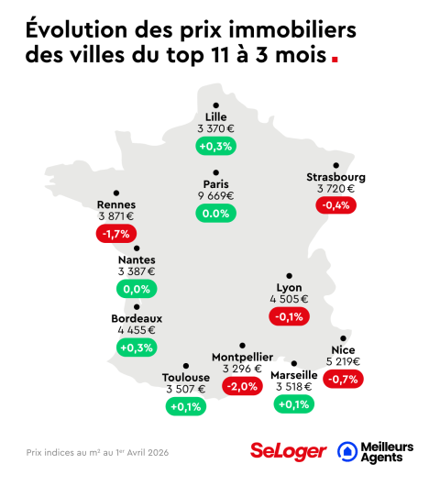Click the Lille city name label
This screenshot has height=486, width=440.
(x=216, y=116)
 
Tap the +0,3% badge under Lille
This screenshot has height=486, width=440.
(x=216, y=146)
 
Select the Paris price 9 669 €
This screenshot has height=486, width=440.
(x=216, y=195)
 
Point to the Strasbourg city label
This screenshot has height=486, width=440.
(x=335, y=177)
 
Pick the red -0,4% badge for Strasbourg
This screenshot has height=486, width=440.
(x=335, y=205)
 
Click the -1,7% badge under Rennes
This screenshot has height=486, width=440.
(x=116, y=234)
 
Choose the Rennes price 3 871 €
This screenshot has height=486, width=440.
(x=116, y=216)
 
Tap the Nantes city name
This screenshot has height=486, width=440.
(x=137, y=260)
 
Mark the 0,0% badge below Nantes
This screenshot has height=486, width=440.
(x=137, y=289)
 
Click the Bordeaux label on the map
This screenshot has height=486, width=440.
(x=137, y=318)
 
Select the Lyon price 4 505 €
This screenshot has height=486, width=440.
(x=289, y=299)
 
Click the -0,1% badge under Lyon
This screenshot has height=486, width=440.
(x=289, y=316)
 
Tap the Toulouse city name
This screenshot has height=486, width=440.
(x=186, y=377)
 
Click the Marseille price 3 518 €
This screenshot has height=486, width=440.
(x=294, y=387)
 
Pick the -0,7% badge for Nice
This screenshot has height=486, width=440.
(x=343, y=379)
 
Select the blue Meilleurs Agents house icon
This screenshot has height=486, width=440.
(x=348, y=450)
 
